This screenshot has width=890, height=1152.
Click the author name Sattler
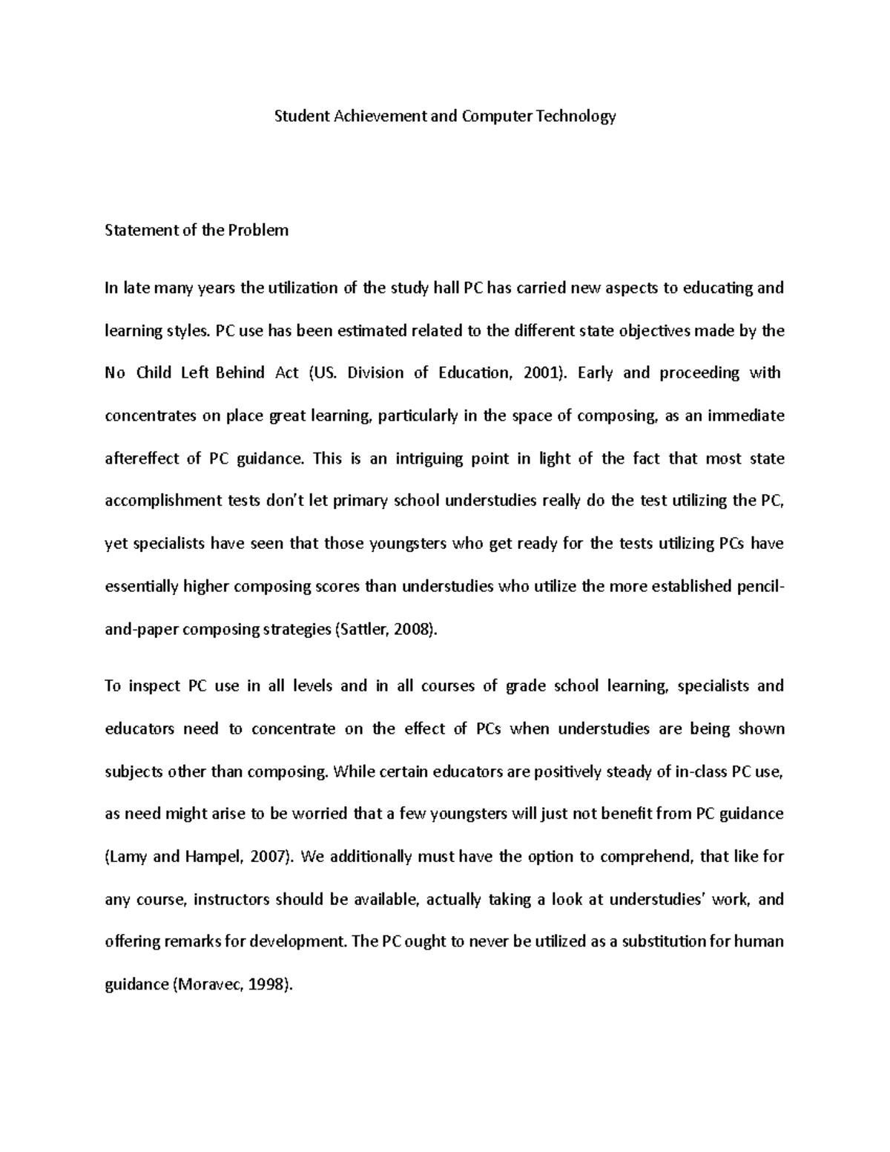pyautogui.click(x=361, y=630)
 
